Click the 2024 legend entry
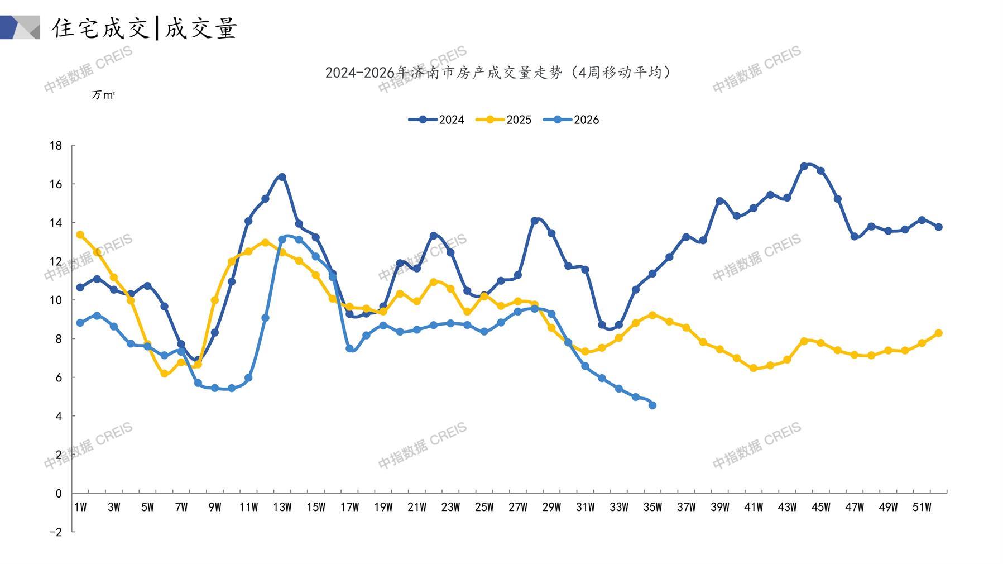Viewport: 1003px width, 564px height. pos(436,120)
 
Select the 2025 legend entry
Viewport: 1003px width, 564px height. pos(503,120)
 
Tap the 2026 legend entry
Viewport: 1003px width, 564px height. pos(571,120)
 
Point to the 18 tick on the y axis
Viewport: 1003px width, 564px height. pos(56,146)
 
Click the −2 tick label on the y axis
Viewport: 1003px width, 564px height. pos(55,532)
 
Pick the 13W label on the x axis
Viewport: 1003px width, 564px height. pos(282,507)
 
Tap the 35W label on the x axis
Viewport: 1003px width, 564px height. pos(652,507)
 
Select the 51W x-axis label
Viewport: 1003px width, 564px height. pos(922,507)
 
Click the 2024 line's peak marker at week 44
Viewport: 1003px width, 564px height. pos(804,166)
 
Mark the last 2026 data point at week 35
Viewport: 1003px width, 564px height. pos(652,405)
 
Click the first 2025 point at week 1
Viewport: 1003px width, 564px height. pos(80,235)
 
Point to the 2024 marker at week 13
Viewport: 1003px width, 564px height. pos(282,177)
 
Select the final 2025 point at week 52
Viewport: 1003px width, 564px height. pos(938,333)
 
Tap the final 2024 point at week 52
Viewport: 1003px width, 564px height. pos(938,227)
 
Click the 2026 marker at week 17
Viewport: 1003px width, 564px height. pos(349,348)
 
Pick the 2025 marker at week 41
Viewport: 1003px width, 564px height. pos(754,369)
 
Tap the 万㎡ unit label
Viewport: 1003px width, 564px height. pos(103,95)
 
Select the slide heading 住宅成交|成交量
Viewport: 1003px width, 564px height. pos(145,28)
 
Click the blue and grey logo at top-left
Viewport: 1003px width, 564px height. pos(20,27)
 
